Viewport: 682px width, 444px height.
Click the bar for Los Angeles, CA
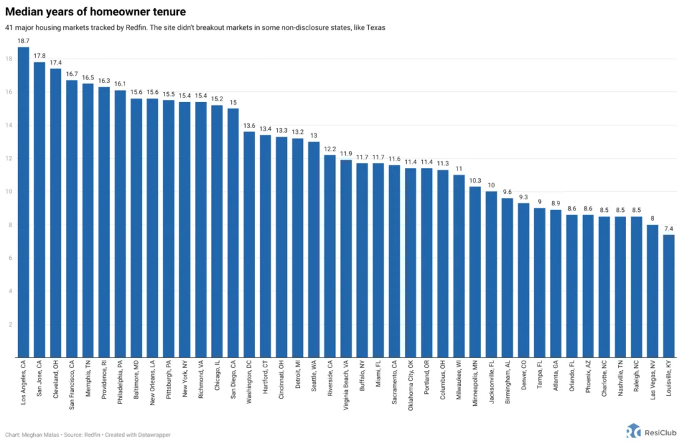tap(23, 200)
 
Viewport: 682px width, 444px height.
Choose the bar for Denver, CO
tap(523, 279)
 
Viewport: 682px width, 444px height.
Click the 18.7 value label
tap(23, 41)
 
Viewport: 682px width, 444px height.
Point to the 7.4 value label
tap(669, 228)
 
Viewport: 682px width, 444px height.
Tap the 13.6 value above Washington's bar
tap(249, 125)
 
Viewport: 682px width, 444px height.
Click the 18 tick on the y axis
tap(9, 59)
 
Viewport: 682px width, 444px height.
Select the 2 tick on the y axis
tap(10, 324)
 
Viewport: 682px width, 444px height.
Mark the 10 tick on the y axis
tap(9, 191)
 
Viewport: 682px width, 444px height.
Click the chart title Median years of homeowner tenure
tap(96, 12)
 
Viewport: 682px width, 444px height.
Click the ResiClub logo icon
tap(633, 431)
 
